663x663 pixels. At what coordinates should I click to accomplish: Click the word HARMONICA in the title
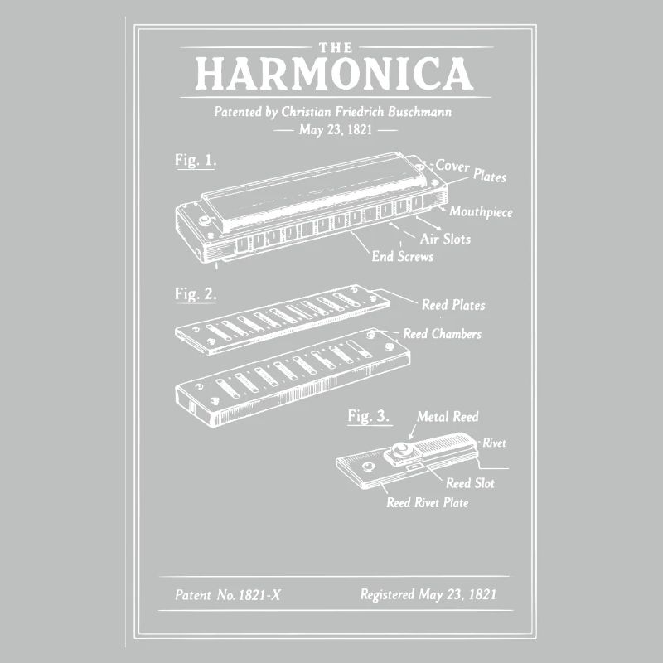tap(334, 75)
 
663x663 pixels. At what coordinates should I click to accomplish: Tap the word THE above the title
tap(334, 46)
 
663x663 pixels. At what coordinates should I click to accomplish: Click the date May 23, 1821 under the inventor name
tap(336, 130)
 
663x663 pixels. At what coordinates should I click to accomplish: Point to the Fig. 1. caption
tap(196, 161)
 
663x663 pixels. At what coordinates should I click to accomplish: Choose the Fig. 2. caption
tap(196, 293)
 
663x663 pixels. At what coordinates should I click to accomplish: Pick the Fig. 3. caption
tap(369, 416)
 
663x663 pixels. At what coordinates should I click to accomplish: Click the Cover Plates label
tap(471, 170)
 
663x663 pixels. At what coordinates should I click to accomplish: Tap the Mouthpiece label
tap(481, 212)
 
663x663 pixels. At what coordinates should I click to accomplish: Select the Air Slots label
tap(445, 239)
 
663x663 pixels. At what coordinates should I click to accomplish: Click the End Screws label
tap(402, 256)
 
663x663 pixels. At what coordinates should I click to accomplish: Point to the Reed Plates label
tap(453, 305)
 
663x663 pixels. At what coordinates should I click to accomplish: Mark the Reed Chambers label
tap(442, 334)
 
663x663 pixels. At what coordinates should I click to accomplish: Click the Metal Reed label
tap(448, 417)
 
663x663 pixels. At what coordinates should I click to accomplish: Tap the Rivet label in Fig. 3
tap(494, 443)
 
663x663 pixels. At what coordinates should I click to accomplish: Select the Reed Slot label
tap(470, 482)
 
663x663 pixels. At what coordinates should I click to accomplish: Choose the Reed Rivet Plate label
tap(427, 502)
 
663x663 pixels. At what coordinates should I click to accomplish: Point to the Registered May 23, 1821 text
tap(428, 594)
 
